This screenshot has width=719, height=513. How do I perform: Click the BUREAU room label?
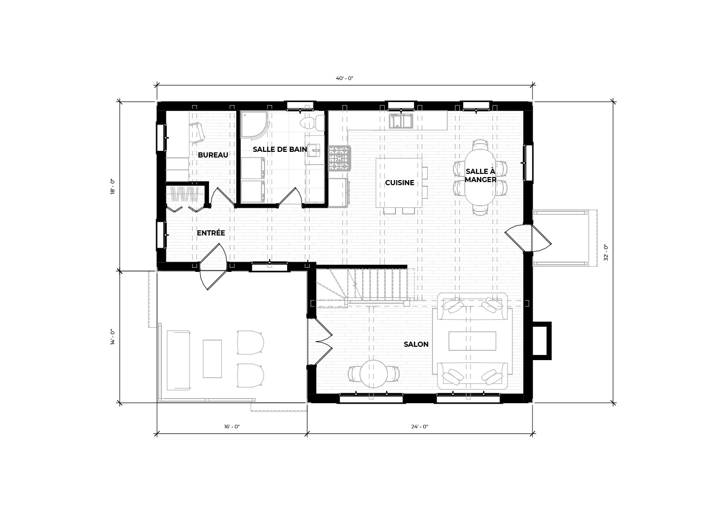[x=213, y=155]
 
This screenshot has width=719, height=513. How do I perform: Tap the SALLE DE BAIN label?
[x=279, y=149]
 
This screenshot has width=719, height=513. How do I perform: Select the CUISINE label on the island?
[x=400, y=183]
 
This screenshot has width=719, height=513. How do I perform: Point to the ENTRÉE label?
[x=211, y=233]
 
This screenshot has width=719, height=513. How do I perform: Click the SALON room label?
[x=416, y=344]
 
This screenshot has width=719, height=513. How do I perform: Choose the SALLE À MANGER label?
[x=481, y=175]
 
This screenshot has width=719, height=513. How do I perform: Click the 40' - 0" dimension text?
[x=345, y=78]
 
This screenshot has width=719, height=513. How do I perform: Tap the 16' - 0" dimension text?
[x=232, y=426]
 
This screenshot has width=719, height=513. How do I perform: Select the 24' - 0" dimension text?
[x=420, y=426]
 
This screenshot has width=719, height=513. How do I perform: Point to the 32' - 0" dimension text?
[x=606, y=252]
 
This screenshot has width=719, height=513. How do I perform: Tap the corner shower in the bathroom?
[x=254, y=124]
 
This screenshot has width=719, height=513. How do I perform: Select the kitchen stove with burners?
[x=339, y=158]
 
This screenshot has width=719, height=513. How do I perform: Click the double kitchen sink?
[x=401, y=121]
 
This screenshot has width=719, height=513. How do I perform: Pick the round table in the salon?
[x=374, y=374]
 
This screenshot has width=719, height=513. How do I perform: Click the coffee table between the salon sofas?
[x=472, y=341]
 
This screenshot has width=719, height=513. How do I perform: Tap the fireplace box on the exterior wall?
[x=542, y=341]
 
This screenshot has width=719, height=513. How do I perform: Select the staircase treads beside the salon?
[x=378, y=284]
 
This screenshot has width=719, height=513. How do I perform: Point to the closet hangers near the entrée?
[x=184, y=193]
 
